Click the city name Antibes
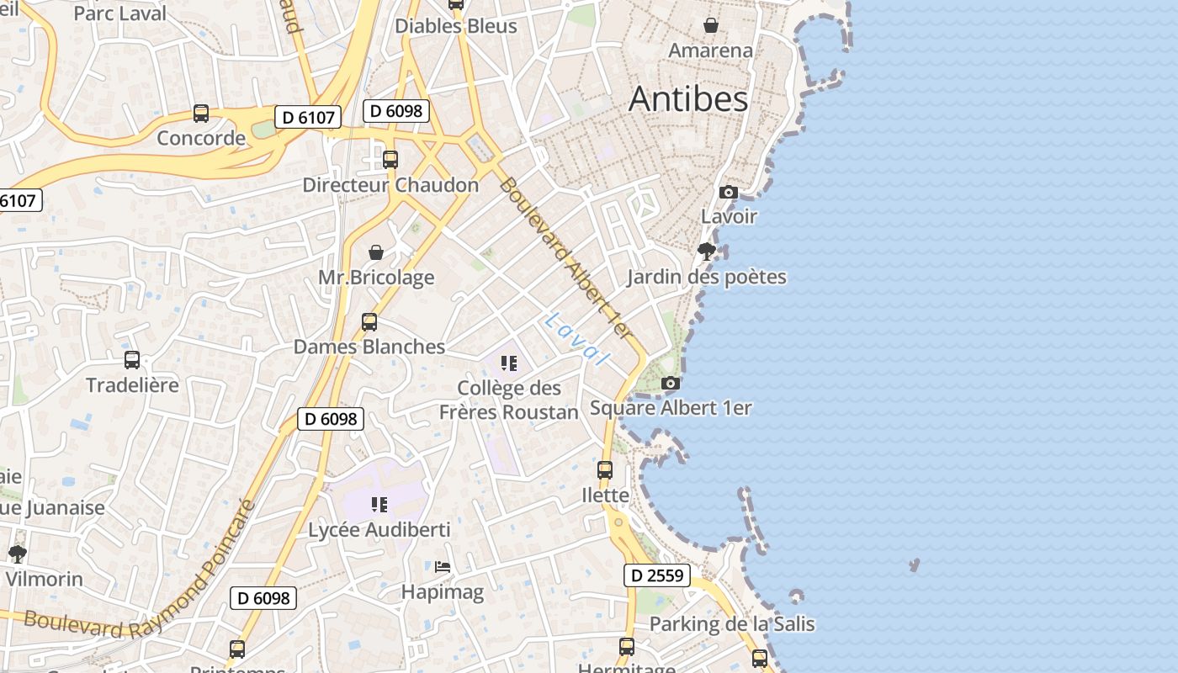[688, 99]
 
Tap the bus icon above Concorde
[201, 114]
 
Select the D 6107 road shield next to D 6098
[308, 117]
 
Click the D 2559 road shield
[657, 576]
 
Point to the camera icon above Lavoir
[729, 193]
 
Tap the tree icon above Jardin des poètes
[707, 251]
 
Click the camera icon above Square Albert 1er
[671, 384]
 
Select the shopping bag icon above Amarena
[711, 25]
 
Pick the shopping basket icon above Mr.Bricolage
[376, 252]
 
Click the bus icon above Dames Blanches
[369, 322]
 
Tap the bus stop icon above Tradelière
[132, 360]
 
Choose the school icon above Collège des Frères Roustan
[508, 363]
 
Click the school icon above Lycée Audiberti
[379, 505]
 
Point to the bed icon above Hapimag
[443, 567]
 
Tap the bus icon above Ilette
[605, 470]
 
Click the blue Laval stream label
[577, 339]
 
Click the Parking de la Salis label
[732, 624]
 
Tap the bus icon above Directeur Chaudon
[390, 160]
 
